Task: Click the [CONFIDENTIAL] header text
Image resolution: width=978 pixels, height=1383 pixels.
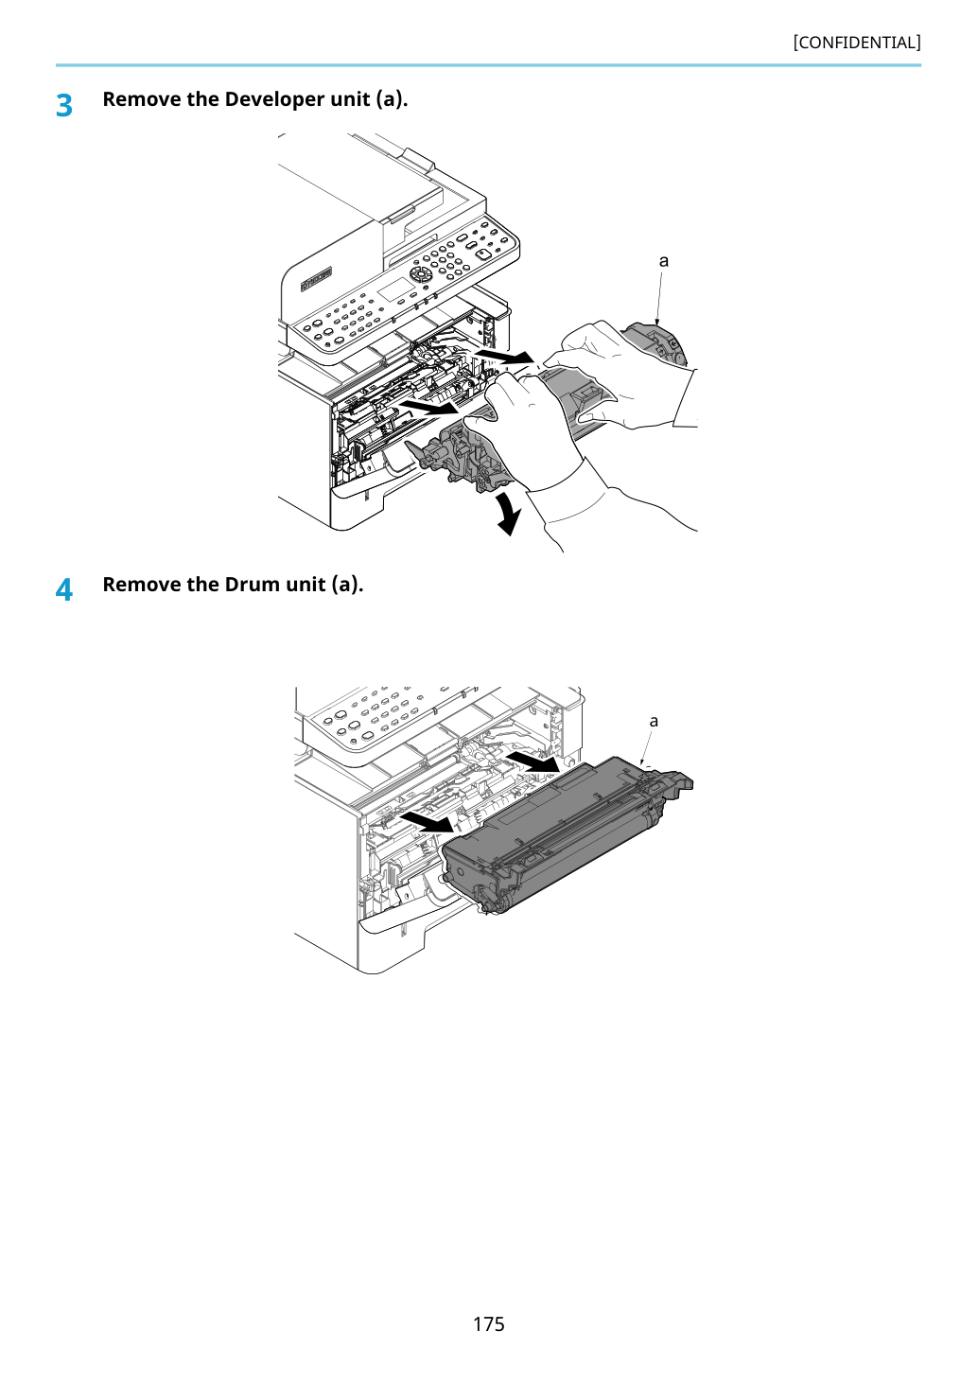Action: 856,43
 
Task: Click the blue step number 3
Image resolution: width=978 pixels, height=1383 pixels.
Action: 64,105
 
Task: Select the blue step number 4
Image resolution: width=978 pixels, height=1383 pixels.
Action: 64,589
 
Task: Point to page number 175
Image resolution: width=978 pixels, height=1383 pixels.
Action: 488,1323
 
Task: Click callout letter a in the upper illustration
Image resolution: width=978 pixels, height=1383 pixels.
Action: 664,261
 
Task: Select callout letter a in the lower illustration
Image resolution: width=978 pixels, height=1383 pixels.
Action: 654,721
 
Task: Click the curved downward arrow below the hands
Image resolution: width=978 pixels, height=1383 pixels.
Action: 510,514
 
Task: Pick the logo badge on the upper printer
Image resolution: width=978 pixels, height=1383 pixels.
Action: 317,280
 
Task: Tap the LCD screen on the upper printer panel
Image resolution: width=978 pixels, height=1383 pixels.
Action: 395,289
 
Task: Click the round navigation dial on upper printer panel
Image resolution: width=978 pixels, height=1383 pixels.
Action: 421,273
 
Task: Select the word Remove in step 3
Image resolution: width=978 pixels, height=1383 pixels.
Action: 141,98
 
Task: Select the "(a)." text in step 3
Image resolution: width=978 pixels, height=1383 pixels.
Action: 392,99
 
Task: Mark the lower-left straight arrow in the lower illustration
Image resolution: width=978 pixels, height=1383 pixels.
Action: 428,821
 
